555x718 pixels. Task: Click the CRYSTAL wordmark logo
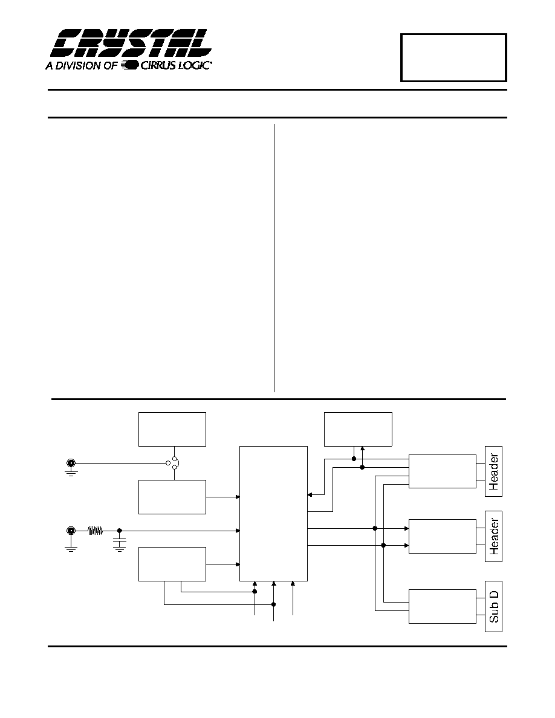coord(131,44)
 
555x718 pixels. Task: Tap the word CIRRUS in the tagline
coord(159,65)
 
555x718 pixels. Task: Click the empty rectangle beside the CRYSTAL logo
coord(453,57)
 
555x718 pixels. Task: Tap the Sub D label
coord(494,606)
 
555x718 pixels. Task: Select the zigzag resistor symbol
coord(96,531)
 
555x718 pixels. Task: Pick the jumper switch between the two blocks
coord(174,463)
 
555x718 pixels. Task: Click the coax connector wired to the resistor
coord(71,531)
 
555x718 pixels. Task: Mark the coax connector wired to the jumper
coord(71,463)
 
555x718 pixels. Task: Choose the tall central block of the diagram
coord(273,514)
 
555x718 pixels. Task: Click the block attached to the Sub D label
coord(443,606)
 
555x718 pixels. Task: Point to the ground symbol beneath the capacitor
coord(119,549)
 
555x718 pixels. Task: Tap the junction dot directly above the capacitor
coord(119,531)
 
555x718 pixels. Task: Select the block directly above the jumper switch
coord(172,429)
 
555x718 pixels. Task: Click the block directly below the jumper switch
coord(172,497)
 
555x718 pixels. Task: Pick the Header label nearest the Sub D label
coord(494,536)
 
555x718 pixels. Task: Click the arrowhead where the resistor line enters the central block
coord(238,531)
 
